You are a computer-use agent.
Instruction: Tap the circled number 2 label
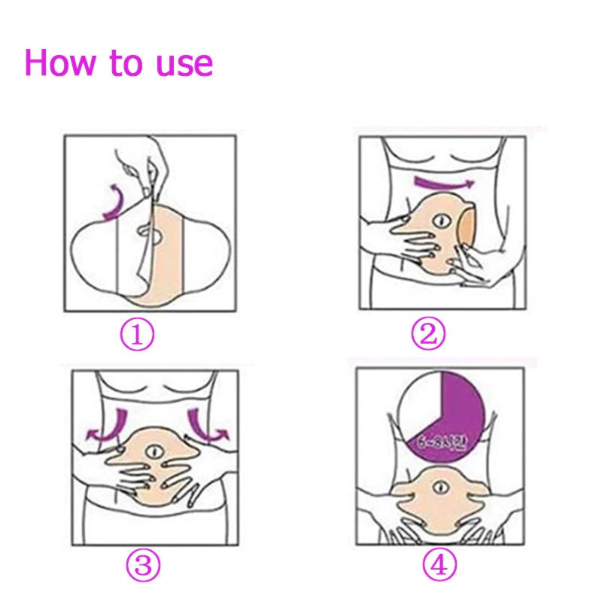427,334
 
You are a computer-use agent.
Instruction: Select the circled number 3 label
142,566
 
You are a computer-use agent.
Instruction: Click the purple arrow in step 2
444,184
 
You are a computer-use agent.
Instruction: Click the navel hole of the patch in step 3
154,452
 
